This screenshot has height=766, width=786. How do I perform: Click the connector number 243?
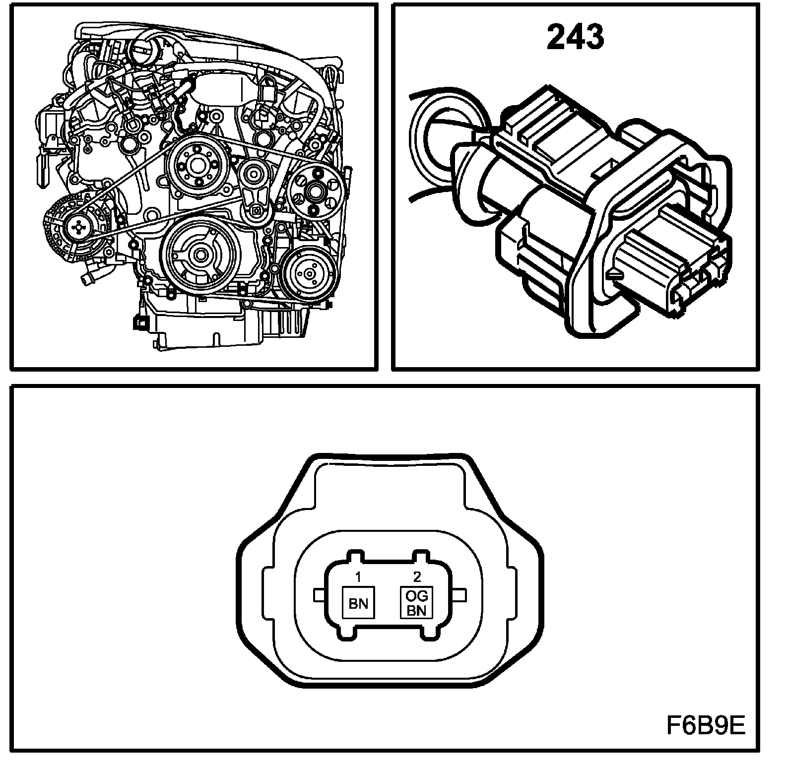point(576,37)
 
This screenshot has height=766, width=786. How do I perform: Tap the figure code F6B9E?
point(705,727)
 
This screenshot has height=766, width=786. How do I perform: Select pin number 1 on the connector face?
point(358,576)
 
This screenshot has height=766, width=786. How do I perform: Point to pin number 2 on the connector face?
point(417,576)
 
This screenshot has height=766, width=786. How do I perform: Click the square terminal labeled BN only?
point(359,602)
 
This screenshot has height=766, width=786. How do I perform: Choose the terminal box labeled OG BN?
point(417,602)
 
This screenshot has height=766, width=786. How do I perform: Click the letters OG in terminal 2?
point(417,595)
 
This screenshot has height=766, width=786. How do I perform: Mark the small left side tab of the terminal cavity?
point(320,595)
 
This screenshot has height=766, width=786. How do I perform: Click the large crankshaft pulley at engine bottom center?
point(201,255)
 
